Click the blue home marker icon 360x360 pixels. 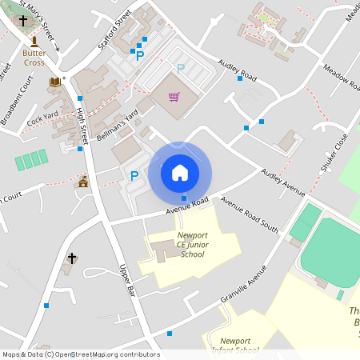[x=180, y=172]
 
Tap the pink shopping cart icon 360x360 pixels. [x=174, y=97]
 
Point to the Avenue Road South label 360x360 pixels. [x=250, y=214]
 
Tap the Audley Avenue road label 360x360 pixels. [x=283, y=183]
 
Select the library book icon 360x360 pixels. [x=55, y=82]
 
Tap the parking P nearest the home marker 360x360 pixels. [x=134, y=176]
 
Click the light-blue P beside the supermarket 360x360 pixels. [x=181, y=70]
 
